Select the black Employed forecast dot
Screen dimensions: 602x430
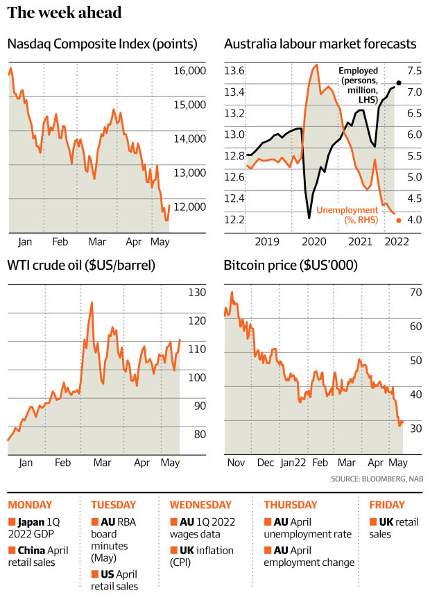(x=399, y=83)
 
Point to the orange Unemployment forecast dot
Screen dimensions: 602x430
(x=399, y=221)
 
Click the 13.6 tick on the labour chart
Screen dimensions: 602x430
(x=234, y=71)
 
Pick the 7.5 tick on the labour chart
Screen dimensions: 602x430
(x=414, y=71)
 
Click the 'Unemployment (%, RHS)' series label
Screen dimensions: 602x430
(x=351, y=214)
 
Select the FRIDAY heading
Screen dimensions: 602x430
(x=388, y=505)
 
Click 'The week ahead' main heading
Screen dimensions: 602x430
(x=65, y=12)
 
